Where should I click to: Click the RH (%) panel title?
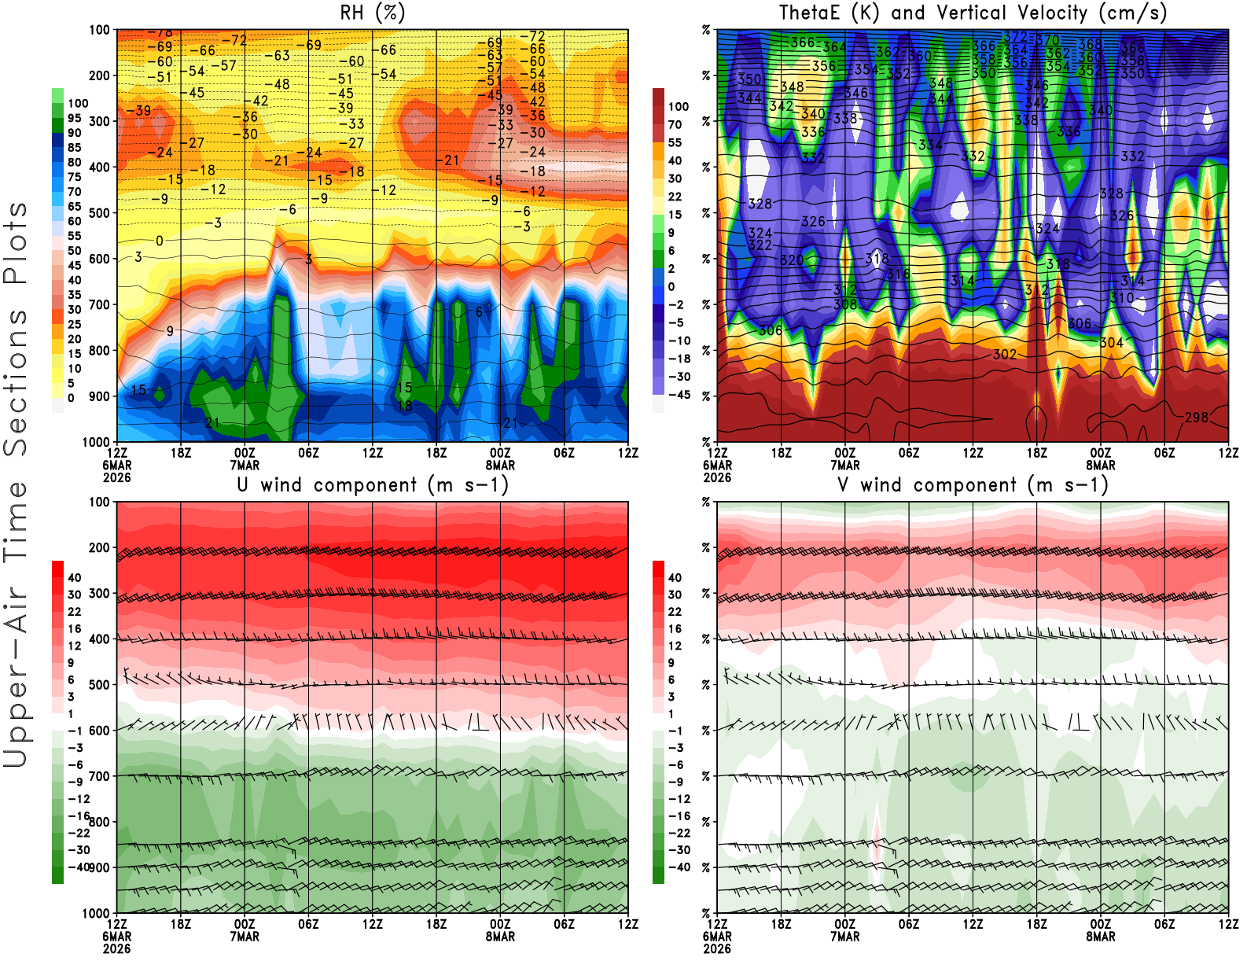[373, 13]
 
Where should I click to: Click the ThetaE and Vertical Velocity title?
[973, 13]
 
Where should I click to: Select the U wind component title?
[373, 484]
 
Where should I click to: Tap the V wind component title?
[973, 484]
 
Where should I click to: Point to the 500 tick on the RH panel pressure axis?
[100, 213]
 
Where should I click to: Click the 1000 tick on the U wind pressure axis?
[96, 913]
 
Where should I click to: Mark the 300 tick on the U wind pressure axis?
[100, 594]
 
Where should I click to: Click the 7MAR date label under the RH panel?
[245, 465]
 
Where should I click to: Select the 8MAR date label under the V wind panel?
[1101, 937]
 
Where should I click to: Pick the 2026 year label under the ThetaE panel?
[717, 477]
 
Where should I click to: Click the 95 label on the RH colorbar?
[74, 118]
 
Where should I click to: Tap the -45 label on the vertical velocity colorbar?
[679, 395]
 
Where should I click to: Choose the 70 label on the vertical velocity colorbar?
[675, 124]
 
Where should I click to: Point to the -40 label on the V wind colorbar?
[679, 867]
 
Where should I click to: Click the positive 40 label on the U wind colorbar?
[74, 578]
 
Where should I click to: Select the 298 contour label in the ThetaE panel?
[1197, 417]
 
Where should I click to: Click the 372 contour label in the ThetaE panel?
[1016, 37]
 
